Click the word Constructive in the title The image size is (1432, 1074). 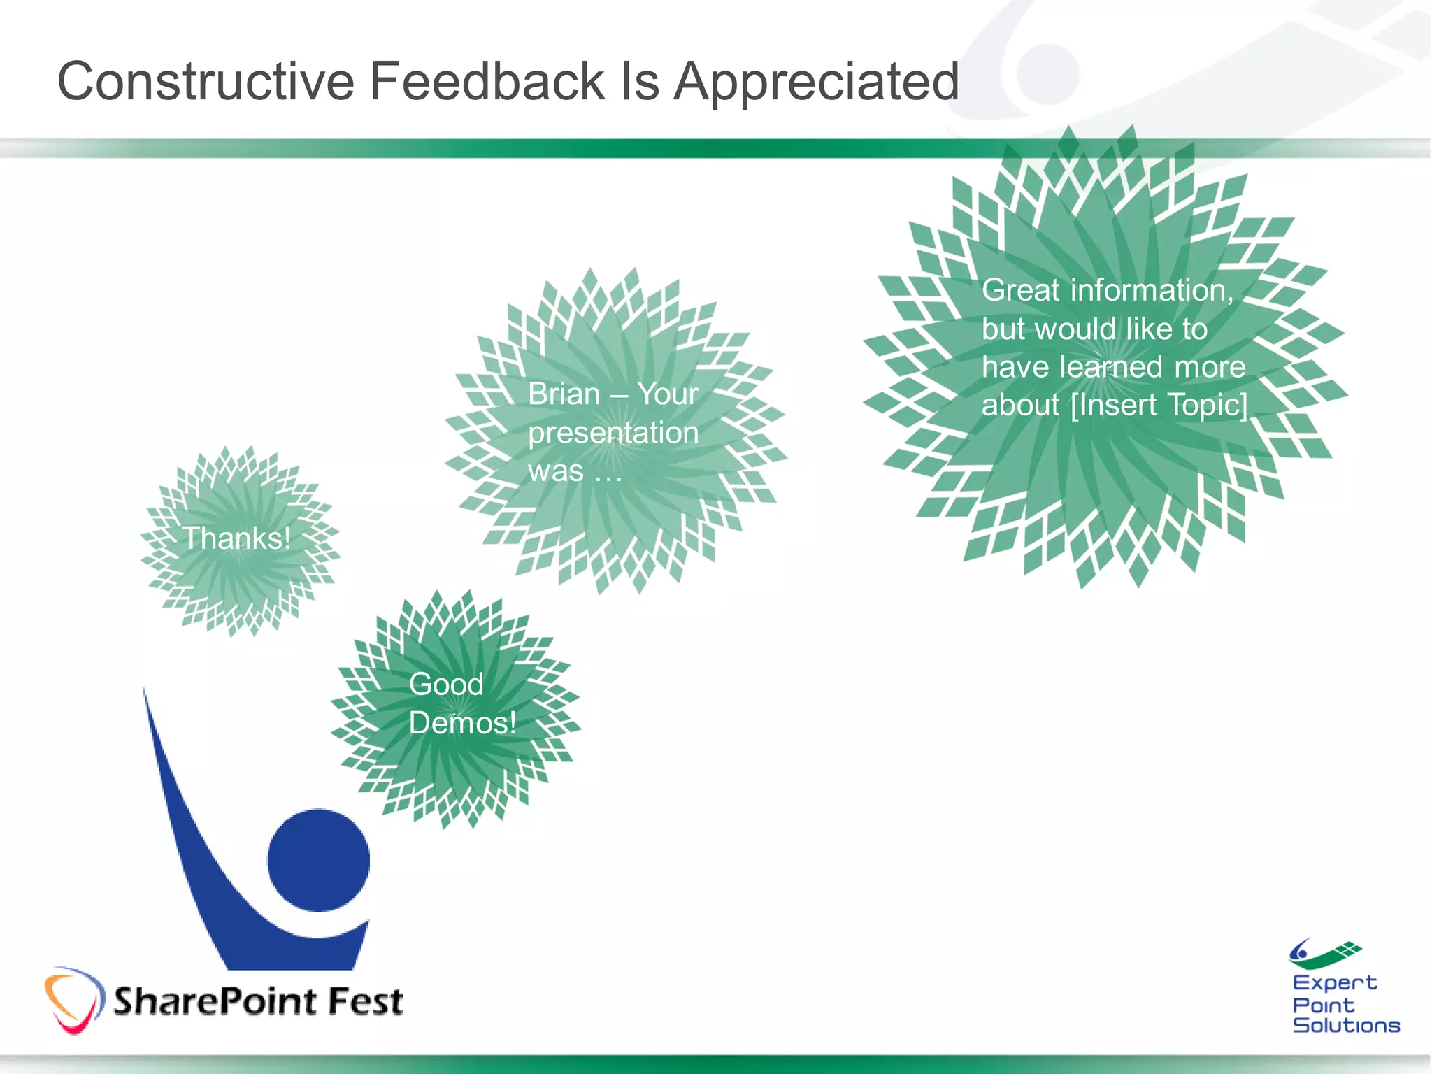(206, 81)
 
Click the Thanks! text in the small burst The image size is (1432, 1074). (236, 538)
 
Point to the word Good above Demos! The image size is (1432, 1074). (446, 684)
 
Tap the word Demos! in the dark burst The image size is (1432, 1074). (462, 723)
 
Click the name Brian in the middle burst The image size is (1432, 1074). (564, 394)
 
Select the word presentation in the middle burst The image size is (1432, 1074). (613, 433)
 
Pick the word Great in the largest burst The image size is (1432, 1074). (1020, 290)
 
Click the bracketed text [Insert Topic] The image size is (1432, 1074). (1159, 405)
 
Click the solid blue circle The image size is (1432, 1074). (318, 861)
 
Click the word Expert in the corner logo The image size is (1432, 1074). (1334, 982)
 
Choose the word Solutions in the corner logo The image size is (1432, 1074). (1346, 1025)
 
